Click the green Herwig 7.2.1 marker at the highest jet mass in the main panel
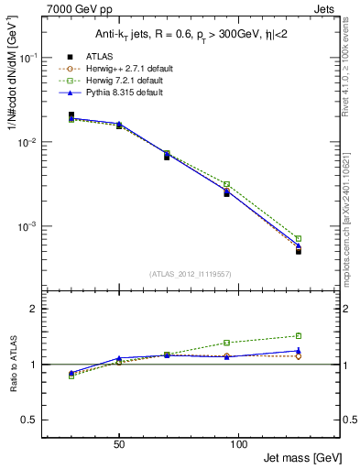click(299, 238)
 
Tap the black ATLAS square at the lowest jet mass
click(71, 115)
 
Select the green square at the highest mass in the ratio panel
click(299, 335)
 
